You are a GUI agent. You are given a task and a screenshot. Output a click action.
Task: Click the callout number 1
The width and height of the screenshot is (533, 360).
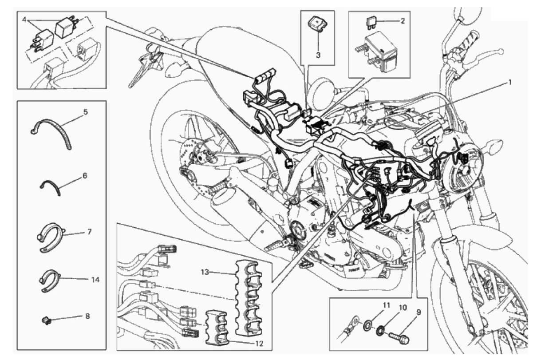509,83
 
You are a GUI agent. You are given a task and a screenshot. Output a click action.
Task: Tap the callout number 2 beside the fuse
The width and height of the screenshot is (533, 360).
402,21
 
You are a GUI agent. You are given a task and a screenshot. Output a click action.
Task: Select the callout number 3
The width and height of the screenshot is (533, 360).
318,55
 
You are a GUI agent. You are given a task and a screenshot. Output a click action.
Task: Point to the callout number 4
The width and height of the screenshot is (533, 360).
24,20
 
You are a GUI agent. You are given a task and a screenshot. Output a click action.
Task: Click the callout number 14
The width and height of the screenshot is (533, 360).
95,280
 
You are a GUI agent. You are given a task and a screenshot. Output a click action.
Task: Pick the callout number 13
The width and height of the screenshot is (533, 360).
205,272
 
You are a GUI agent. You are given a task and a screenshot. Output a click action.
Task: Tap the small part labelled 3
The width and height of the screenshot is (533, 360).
318,25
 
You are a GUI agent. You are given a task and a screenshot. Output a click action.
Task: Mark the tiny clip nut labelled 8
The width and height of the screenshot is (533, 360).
47,321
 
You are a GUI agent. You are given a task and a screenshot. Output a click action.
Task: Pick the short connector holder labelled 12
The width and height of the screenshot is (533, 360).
217,327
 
